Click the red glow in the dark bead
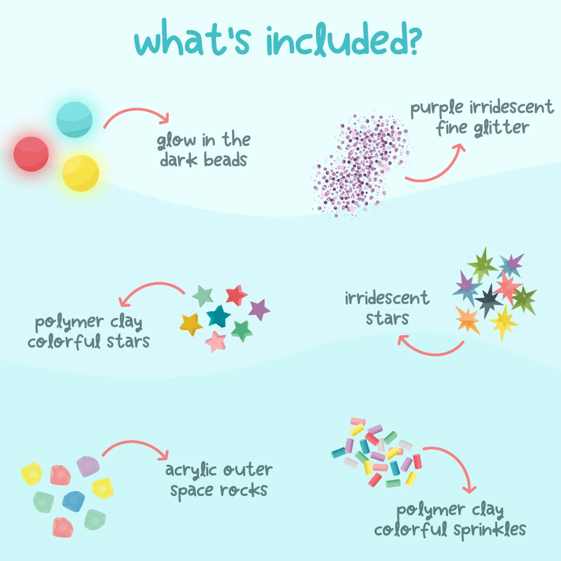(x=31, y=154)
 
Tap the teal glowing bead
(x=74, y=120)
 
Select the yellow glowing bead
(x=81, y=173)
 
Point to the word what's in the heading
(x=192, y=38)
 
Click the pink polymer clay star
(x=216, y=342)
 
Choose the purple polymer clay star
(x=260, y=310)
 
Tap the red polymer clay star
(x=237, y=295)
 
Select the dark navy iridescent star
(x=488, y=301)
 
